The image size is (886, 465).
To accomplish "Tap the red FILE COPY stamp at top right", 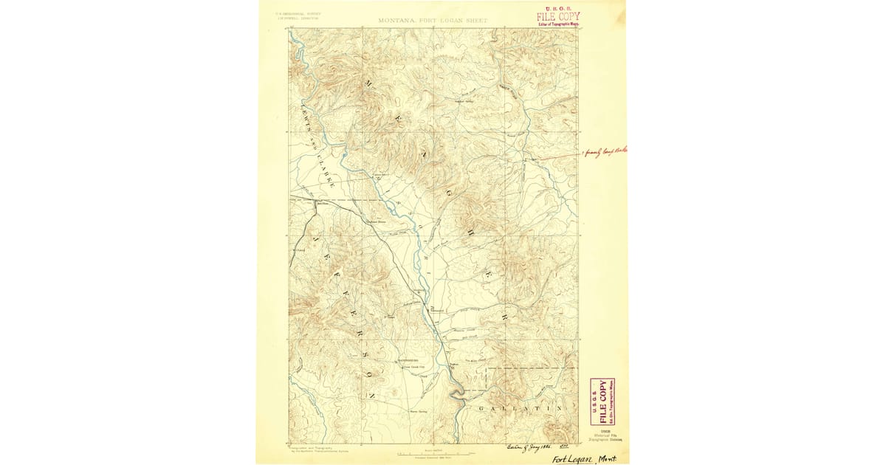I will [558, 17].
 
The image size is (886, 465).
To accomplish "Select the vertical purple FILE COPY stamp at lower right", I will [603, 402].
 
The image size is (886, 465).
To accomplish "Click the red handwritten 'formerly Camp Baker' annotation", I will [597, 152].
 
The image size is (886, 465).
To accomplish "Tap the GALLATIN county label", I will [523, 408].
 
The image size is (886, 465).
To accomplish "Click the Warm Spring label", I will [419, 410].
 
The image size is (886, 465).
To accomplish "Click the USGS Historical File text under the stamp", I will [602, 433].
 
